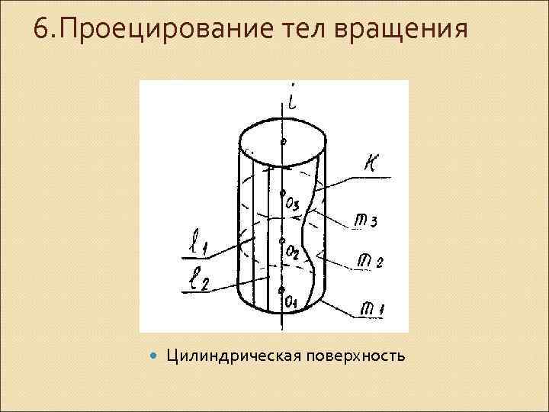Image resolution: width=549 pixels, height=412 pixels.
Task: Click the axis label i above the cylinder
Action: tap(294, 100)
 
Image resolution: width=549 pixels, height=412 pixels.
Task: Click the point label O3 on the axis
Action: tap(293, 204)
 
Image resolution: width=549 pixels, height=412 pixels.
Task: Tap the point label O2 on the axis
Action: tap(292, 249)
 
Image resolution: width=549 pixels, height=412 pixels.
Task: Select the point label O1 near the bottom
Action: tap(291, 303)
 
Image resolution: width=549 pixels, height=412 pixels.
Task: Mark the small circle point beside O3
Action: tap(283, 192)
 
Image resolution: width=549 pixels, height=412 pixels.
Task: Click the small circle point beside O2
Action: tap(282, 240)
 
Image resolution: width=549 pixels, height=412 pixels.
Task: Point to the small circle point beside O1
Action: tap(282, 290)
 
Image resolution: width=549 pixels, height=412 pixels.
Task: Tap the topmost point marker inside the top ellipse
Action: tap(283, 142)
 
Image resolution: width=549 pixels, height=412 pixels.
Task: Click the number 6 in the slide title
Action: tap(41, 29)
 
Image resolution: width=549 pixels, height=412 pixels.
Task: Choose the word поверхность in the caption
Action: tap(357, 356)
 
